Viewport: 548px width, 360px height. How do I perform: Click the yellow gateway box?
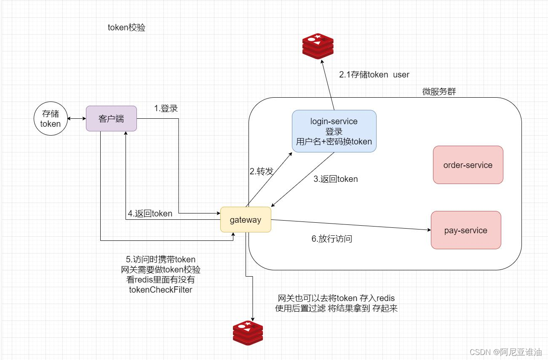click(x=246, y=219)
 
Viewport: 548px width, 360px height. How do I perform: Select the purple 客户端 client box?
click(x=111, y=118)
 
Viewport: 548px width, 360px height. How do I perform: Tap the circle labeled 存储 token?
click(x=51, y=119)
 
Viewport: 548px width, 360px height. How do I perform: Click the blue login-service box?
click(x=334, y=131)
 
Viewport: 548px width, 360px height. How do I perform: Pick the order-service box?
click(x=468, y=165)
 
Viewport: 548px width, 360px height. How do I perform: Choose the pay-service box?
click(x=465, y=230)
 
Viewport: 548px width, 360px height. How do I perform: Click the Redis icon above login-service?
click(x=318, y=46)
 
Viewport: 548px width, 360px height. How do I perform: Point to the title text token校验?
click(x=127, y=28)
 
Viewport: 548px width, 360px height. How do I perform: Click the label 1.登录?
click(x=166, y=108)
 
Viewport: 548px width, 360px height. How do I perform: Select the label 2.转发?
click(x=262, y=171)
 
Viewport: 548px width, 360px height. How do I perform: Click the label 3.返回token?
click(x=336, y=179)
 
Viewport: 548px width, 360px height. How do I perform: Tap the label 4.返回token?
click(x=150, y=213)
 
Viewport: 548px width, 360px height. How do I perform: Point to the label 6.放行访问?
click(x=332, y=239)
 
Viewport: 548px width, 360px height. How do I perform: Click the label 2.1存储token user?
click(x=374, y=75)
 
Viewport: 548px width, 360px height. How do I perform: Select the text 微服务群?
click(x=439, y=91)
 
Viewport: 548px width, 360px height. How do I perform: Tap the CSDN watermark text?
click(x=505, y=352)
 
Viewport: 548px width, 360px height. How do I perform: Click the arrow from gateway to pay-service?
click(x=350, y=225)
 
